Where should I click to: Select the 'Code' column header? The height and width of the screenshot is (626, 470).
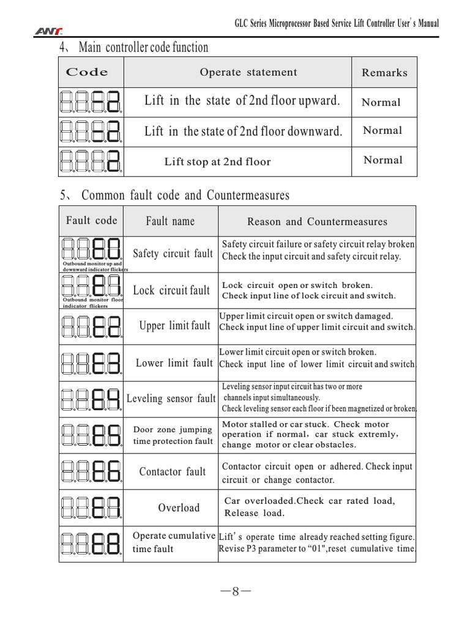coord(87,72)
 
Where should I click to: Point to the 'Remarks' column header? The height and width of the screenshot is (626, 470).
coord(384,73)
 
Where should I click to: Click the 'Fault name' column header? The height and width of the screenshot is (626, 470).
coord(170,221)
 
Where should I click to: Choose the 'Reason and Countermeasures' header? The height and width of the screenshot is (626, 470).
coord(317,221)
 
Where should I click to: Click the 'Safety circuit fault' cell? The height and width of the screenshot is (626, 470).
coord(173,254)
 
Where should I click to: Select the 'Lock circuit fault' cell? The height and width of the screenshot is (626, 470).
coord(171,290)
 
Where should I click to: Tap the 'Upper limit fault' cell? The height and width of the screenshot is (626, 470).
coord(174,326)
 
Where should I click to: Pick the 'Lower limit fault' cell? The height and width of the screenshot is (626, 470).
coord(174,363)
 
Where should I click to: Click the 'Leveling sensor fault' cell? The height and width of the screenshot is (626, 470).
coord(171,399)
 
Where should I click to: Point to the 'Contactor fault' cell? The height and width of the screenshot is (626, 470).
coord(173,471)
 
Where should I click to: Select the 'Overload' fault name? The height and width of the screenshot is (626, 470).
coord(179,507)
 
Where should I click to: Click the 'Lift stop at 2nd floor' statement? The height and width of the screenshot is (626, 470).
coord(217,162)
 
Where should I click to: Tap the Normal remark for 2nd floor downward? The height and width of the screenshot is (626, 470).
coord(382,130)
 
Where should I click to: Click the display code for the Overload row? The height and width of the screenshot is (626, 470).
coord(91,507)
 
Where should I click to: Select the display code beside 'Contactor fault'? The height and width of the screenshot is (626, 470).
coord(91,471)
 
